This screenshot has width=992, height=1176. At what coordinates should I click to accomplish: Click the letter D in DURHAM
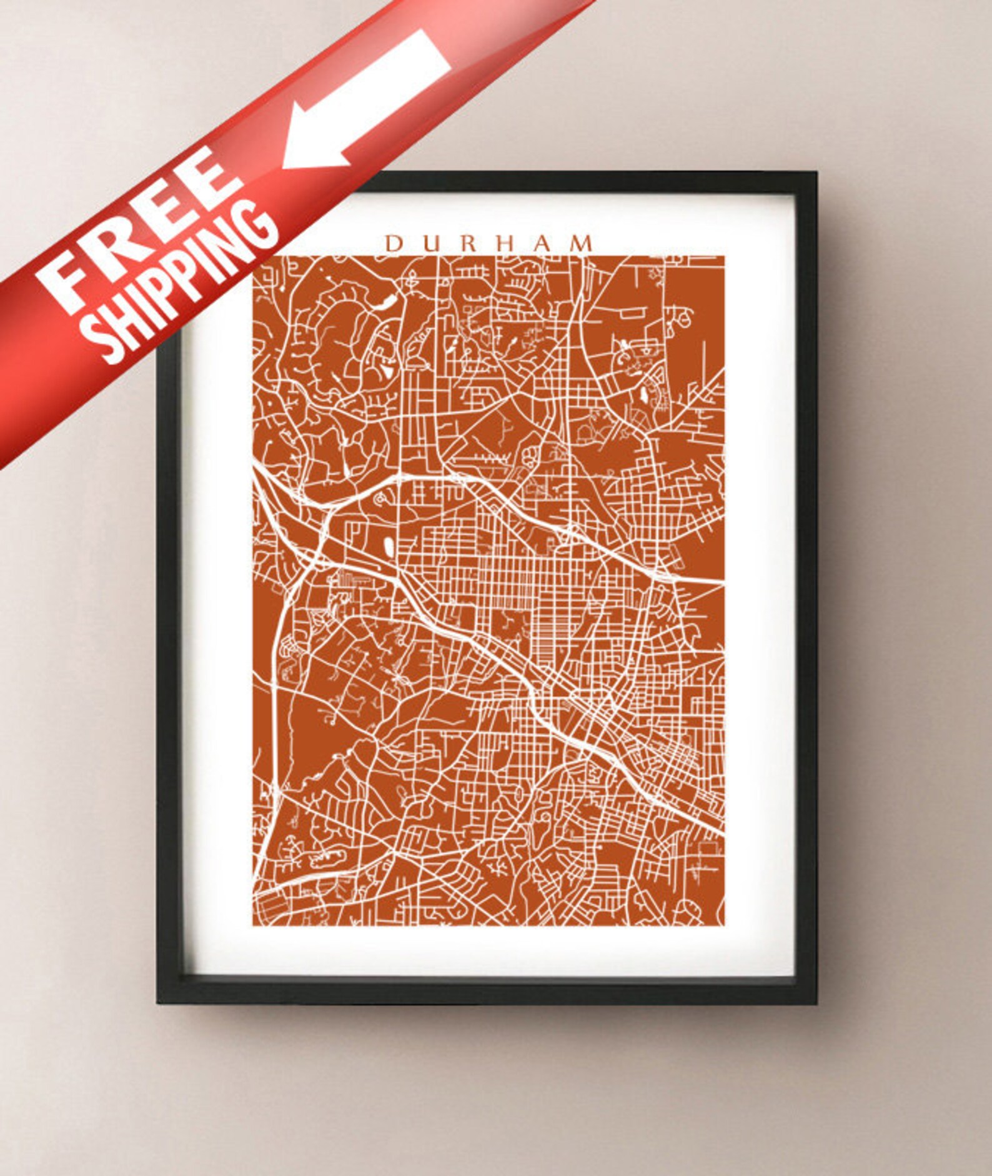[x=394, y=244]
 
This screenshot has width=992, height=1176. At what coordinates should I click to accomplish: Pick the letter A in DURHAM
[x=540, y=244]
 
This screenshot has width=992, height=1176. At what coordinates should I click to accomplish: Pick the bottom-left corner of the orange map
[x=253, y=925]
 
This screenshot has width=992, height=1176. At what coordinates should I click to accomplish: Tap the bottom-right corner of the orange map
[x=724, y=925]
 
